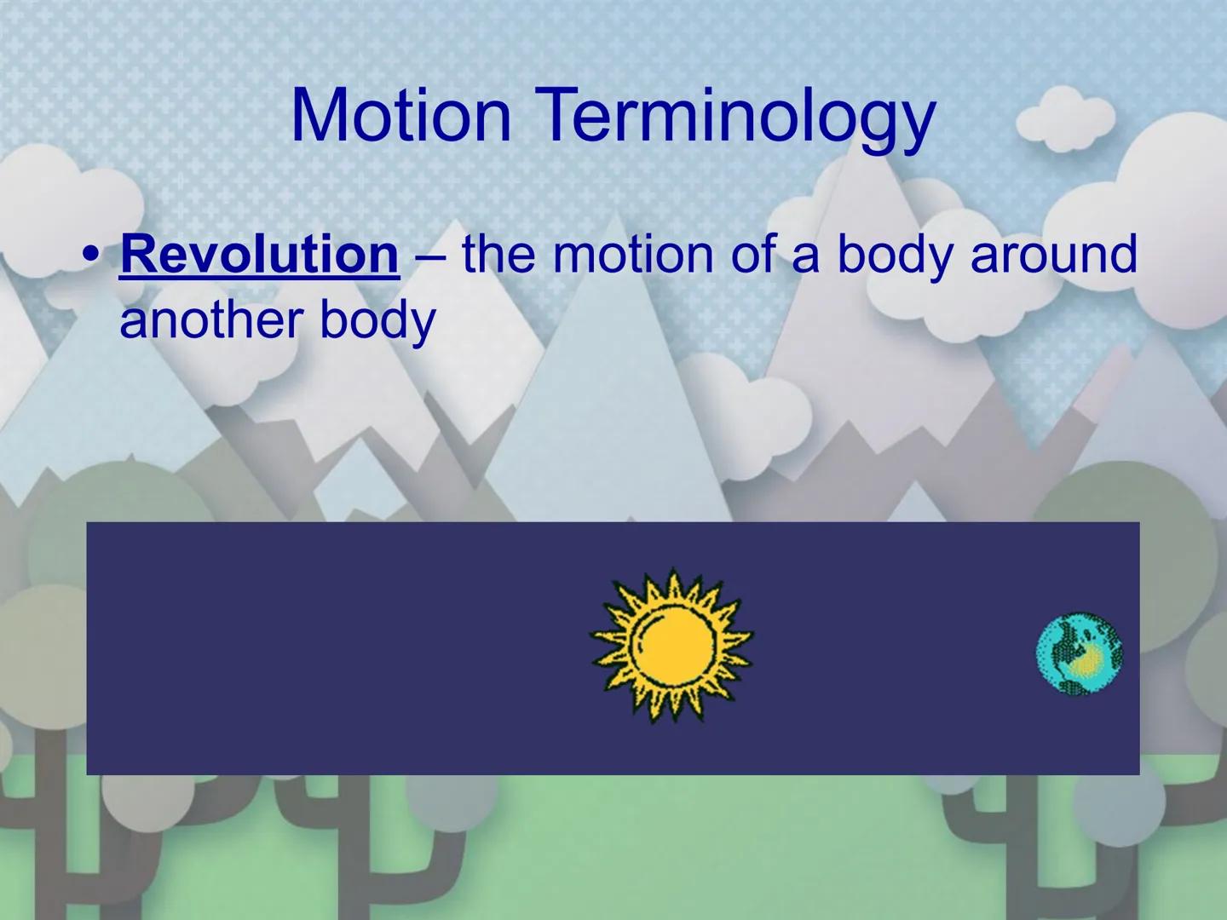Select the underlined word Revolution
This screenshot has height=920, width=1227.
pyautogui.click(x=259, y=255)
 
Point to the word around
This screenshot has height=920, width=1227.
pyautogui.click(x=1054, y=255)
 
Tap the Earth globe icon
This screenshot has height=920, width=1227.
pyautogui.click(x=1079, y=653)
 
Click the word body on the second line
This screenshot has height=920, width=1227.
pyautogui.click(x=377, y=322)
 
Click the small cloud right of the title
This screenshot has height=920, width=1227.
pyautogui.click(x=1065, y=118)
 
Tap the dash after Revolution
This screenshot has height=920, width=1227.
pyautogui.click(x=430, y=258)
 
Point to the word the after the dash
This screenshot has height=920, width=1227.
pyautogui.click(x=498, y=255)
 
